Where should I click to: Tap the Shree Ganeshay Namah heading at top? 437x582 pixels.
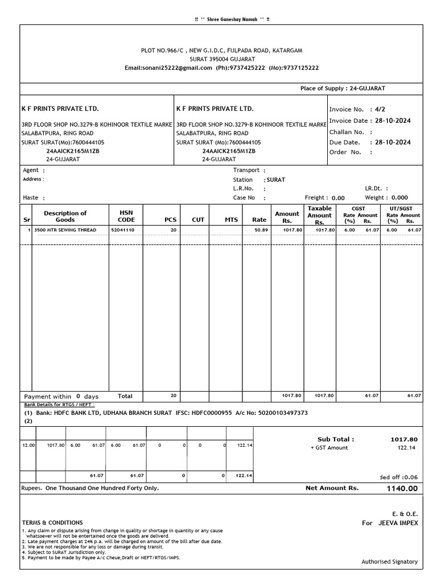tap(233, 20)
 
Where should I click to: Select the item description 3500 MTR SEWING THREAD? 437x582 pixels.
tap(65, 230)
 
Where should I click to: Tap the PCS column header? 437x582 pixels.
tap(171, 219)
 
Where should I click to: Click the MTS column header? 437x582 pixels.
tap(231, 219)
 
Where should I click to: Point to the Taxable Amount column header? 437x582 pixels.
tap(319, 215)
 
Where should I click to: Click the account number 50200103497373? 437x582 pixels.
tap(280, 413)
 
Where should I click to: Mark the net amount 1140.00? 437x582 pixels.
tap(402, 488)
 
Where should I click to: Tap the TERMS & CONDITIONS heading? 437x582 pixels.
tap(52, 522)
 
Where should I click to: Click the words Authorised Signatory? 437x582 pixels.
tap(389, 562)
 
